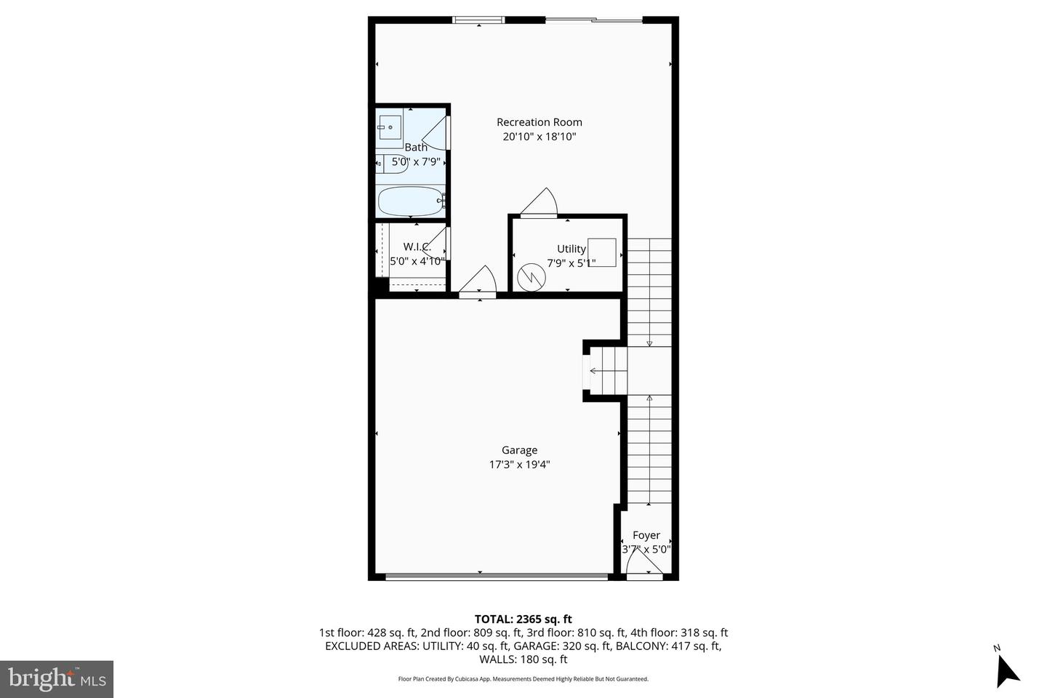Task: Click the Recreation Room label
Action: tap(539, 122)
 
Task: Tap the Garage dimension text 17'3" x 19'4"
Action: tap(519, 465)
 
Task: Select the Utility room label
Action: tap(571, 249)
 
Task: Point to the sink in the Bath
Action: tap(389, 128)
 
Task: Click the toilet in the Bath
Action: tap(385, 163)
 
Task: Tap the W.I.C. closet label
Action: tap(417, 246)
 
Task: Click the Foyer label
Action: tap(646, 535)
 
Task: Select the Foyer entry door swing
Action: tap(642, 563)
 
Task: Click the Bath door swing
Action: tap(436, 134)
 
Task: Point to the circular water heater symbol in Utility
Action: tap(531, 276)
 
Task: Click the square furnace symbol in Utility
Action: tap(602, 252)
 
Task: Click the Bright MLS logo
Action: tap(56, 679)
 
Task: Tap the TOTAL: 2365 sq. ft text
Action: tap(523, 619)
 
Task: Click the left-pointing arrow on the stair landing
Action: tap(593, 371)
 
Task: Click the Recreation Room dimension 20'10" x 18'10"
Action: tap(539, 137)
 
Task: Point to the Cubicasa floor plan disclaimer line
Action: tap(523, 679)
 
